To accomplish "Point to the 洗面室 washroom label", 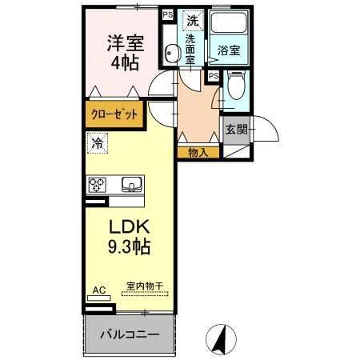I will coord(190,49).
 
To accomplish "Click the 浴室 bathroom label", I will coord(229,50).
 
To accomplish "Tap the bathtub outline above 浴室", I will coord(229,26).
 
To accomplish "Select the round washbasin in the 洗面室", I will coord(170,54).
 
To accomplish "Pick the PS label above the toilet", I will coord(214,76).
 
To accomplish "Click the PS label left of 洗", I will coord(167,14).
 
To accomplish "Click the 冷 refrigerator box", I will coord(96,144).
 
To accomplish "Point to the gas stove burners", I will coord(98,185).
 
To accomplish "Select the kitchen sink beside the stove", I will coord(130,185).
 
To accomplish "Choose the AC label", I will coord(99,290).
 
